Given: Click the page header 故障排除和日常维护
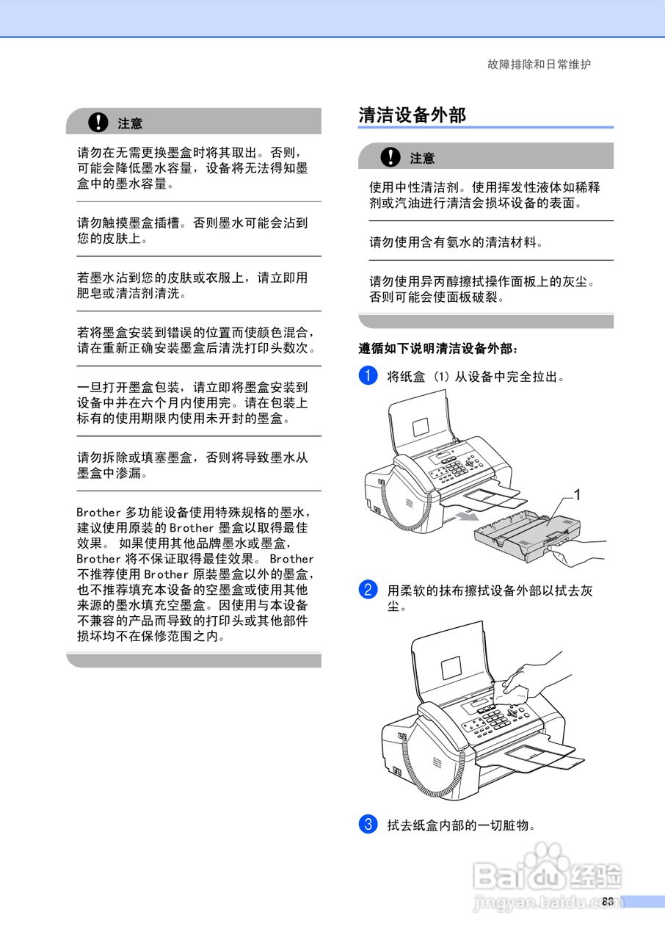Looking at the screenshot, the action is click(x=539, y=65).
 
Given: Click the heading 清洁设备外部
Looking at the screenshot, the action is click(x=412, y=115).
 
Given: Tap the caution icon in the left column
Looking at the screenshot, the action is click(x=96, y=122).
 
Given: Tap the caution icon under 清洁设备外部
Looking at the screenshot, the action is click(x=391, y=156).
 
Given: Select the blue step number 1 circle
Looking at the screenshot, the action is click(x=368, y=377).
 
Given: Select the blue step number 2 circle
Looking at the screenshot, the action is click(x=368, y=590).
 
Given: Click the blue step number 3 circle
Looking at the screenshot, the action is click(x=368, y=824).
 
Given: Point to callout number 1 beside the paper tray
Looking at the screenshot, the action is click(x=577, y=495).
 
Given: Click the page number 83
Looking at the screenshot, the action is click(x=607, y=902).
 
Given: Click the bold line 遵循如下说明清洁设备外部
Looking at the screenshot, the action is click(x=438, y=348).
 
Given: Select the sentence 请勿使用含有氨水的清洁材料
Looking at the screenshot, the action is click(x=456, y=241).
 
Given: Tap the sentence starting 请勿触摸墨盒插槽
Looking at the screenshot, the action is click(x=192, y=230).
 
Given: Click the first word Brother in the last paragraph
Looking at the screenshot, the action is click(x=98, y=512).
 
